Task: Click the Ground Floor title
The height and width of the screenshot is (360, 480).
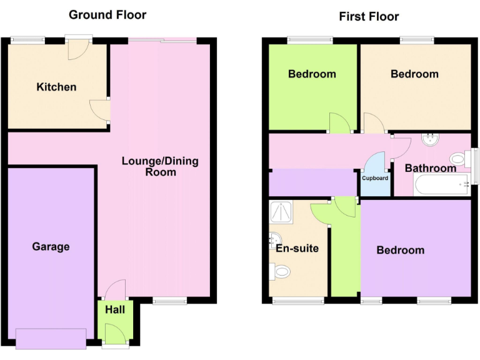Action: tap(107, 14)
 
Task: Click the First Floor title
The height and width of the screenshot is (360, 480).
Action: tap(369, 16)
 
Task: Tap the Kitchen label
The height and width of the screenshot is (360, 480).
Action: tap(56, 87)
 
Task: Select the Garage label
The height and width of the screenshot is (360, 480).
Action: tap(51, 247)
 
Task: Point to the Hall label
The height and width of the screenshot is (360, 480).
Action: tap(115, 309)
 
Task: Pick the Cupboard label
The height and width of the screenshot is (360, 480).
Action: tap(376, 178)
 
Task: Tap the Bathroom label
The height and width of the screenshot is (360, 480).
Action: tap(430, 168)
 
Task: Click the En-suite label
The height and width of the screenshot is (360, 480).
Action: tap(297, 248)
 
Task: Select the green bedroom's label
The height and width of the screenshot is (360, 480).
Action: tap(312, 74)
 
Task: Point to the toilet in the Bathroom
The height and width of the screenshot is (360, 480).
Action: tap(460, 159)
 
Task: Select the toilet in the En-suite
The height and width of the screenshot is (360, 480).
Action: tap(281, 271)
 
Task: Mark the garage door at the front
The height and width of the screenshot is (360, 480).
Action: tap(51, 338)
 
